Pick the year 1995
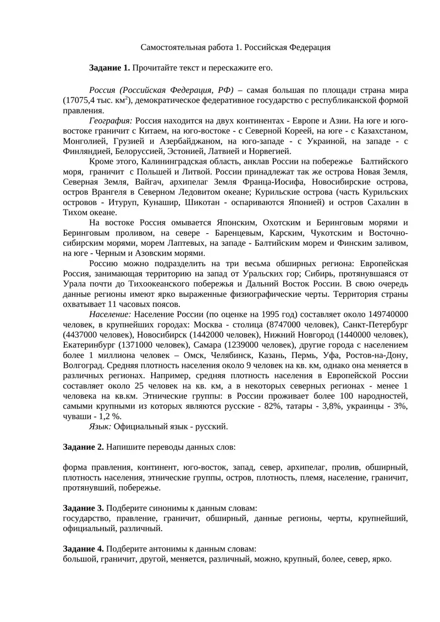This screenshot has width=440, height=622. [x=269, y=314]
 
